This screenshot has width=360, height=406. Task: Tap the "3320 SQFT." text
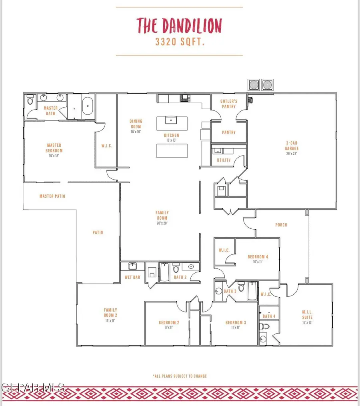click(180, 42)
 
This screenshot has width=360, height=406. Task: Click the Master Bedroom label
click(54, 148)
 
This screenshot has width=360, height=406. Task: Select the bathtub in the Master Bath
click(88, 106)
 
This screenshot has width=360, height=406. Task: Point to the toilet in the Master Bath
click(30, 100)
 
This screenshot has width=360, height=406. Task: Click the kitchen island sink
click(171, 120)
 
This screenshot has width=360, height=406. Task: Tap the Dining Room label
click(136, 124)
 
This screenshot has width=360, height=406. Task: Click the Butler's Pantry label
click(229, 104)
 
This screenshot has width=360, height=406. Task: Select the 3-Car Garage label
click(292, 146)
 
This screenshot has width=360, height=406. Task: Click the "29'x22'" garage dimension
click(292, 154)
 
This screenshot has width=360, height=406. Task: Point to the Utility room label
click(224, 160)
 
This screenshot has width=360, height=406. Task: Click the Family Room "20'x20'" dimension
click(162, 223)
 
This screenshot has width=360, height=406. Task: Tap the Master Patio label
click(52, 196)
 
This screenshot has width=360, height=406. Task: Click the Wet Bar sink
click(133, 266)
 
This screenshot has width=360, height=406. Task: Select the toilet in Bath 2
click(176, 268)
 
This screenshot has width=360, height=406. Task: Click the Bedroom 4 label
click(258, 257)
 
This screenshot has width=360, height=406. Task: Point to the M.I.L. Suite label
click(308, 314)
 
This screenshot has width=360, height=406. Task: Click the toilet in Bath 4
click(265, 326)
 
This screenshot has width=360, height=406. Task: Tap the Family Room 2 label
click(110, 312)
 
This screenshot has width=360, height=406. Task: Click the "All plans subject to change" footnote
click(180, 376)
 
